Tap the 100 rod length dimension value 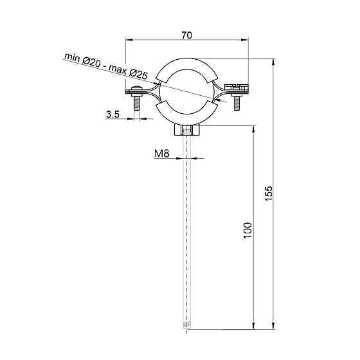(x=248, y=230)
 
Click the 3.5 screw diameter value (x=113, y=114)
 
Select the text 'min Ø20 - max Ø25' (x=105, y=66)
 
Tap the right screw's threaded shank (x=237, y=104)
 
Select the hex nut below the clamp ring (x=187, y=131)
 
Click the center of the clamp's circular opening (x=187, y=93)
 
